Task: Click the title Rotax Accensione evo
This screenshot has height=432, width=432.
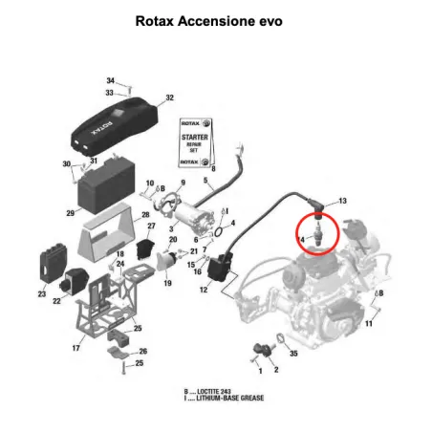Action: pos(216,20)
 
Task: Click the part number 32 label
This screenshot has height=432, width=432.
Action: pos(169,98)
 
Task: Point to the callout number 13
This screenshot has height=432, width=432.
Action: pos(342,201)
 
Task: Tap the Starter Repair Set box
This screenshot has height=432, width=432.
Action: pos(195,142)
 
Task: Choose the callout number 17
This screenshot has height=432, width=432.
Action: pos(76,349)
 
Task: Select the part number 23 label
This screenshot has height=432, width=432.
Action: pos(41,294)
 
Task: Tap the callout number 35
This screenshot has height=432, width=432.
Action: pos(293,355)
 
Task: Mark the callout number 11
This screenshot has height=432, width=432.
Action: pos(369,325)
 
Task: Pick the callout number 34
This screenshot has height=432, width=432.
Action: pos(110,80)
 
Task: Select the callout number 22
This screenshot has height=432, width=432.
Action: pos(57,301)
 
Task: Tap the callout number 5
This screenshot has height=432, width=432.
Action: pos(205,180)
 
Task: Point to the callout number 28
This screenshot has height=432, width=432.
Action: pos(145,215)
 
